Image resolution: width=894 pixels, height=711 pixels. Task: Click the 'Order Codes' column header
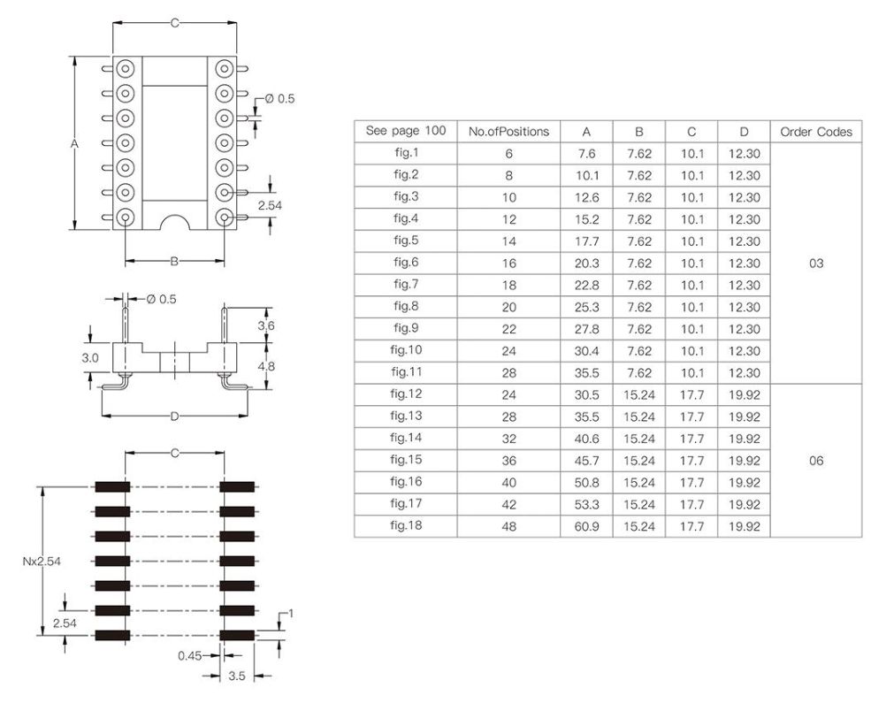815,132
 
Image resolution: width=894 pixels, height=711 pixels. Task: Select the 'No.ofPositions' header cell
508,132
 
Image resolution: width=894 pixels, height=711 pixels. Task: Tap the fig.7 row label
406,285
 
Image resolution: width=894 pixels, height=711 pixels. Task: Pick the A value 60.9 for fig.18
586,526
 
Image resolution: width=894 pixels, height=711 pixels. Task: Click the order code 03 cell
815,264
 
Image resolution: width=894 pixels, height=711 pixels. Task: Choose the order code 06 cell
815,461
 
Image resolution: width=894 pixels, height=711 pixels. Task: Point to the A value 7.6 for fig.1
586,154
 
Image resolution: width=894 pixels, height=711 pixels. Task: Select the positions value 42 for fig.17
508,505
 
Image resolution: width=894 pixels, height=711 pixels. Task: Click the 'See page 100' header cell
406,131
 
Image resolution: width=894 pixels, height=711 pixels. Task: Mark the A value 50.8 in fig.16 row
586,483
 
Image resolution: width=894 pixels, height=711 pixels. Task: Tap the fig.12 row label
406,394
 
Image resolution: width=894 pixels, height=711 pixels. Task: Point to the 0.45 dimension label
190,655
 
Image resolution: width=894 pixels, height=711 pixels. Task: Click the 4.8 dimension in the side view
265,364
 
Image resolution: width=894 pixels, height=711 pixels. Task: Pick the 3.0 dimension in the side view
90,358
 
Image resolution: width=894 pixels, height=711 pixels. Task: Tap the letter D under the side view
174,416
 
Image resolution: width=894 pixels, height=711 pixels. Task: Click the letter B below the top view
174,261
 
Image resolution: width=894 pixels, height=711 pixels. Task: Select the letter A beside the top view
75,143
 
